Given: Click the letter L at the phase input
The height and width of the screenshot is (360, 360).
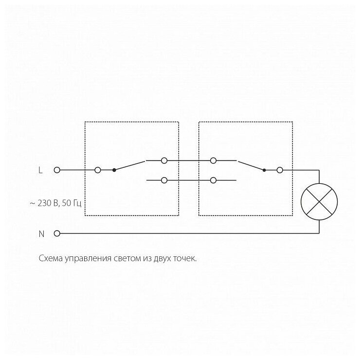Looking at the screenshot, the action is [x=41, y=170].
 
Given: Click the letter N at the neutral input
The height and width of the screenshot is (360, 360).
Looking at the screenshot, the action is [x=41, y=234].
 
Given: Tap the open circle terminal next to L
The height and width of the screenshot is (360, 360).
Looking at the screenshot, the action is [x=57, y=170].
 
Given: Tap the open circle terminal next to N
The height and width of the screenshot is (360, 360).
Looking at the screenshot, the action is [x=57, y=234].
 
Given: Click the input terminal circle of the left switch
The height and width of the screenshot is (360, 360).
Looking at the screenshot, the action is [x=97, y=170].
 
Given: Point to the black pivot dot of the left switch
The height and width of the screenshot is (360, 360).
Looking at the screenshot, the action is [x=114, y=170].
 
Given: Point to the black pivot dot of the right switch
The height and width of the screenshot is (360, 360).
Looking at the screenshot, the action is [x=264, y=170].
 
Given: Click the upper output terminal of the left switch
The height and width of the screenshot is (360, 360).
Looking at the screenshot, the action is [x=164, y=160].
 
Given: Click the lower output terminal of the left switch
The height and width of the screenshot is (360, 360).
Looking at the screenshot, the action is [x=164, y=180].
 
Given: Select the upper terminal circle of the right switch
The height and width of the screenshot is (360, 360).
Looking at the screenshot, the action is [x=213, y=160].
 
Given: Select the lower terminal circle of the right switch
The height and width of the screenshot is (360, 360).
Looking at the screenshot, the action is [x=213, y=180].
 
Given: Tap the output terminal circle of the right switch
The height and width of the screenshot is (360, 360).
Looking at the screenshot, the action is [x=280, y=170].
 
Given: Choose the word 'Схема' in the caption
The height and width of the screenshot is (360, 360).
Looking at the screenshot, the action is [x=50, y=259].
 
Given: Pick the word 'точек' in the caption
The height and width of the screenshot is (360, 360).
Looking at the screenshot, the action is [x=184, y=259].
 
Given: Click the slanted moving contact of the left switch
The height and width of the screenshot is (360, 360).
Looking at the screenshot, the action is [x=129, y=165].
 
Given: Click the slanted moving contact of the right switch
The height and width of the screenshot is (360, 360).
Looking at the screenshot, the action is [x=250, y=165].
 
